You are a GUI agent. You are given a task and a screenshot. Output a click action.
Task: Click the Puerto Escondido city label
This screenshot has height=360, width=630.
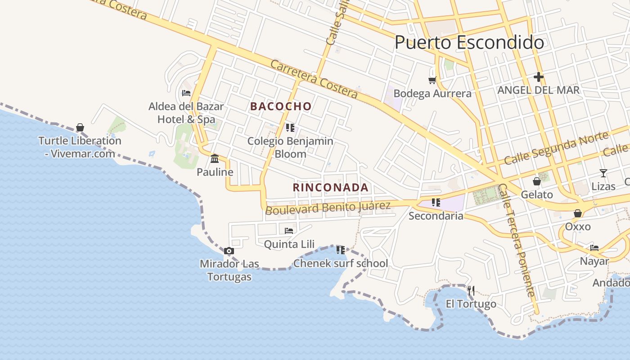(469, 43)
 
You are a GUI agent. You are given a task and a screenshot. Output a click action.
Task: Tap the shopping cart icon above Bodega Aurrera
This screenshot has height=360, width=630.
(432, 80)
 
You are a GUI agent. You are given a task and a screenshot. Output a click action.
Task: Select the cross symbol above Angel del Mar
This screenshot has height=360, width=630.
(538, 77)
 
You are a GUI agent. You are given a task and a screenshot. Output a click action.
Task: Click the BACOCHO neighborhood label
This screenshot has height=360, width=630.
(281, 107)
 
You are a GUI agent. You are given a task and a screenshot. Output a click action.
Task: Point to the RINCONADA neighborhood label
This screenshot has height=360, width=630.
(331, 188)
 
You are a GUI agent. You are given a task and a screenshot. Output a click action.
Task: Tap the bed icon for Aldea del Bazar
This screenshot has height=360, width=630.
(186, 93)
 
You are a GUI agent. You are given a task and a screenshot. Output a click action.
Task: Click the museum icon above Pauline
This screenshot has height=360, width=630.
(215, 159)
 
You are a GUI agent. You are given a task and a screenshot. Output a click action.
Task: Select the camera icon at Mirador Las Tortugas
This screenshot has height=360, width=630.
(229, 251)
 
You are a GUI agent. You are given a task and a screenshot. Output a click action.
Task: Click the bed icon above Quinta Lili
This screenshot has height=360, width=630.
(289, 231)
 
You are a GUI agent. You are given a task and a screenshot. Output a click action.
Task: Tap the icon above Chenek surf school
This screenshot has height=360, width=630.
(341, 250)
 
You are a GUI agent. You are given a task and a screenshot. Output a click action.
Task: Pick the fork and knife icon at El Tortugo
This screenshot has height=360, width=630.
(471, 291)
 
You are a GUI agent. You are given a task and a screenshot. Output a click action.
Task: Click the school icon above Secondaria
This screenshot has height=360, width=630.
(436, 202)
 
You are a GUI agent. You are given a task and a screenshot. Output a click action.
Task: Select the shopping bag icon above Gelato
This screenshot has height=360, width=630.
(536, 181)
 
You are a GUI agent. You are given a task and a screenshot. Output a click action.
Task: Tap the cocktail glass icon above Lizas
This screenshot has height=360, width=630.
(603, 173)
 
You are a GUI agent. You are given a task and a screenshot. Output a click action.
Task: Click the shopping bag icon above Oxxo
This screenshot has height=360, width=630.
(577, 213)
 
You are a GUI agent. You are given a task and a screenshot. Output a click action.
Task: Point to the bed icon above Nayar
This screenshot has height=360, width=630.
(594, 247)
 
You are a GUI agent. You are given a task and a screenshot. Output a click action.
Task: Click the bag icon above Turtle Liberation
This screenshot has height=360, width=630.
(80, 127)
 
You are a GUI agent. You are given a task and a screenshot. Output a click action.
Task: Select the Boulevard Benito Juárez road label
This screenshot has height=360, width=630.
(328, 208)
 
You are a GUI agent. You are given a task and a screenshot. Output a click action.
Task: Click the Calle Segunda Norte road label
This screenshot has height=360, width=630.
(556, 147)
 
